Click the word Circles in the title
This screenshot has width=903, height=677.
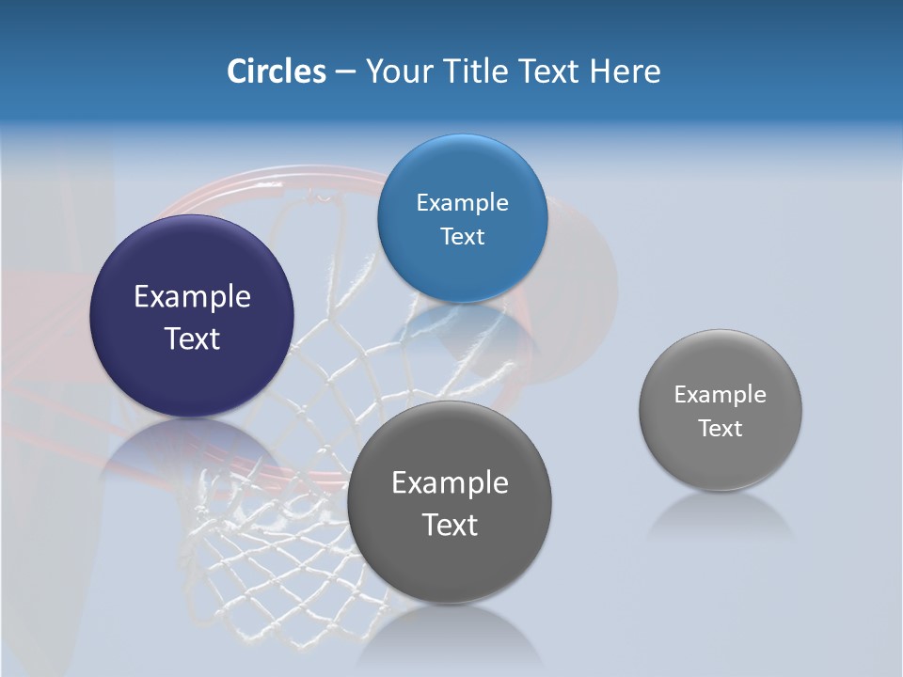pyautogui.click(x=276, y=71)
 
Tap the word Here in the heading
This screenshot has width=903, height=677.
pyautogui.click(x=626, y=71)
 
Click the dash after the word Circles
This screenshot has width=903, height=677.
pyautogui.click(x=345, y=72)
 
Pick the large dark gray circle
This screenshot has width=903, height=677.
pyautogui.click(x=450, y=555)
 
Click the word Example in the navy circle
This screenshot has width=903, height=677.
pyautogui.click(x=192, y=296)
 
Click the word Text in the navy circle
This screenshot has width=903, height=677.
pyautogui.click(x=192, y=338)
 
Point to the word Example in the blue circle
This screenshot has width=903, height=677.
pyautogui.click(x=462, y=202)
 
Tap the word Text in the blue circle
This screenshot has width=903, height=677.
pyautogui.click(x=462, y=237)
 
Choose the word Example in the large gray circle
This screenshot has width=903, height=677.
pyautogui.click(x=450, y=482)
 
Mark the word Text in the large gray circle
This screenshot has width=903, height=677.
pyautogui.click(x=450, y=525)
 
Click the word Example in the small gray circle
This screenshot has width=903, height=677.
pyautogui.click(x=721, y=394)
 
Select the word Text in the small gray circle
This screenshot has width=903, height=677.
pyautogui.click(x=721, y=429)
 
